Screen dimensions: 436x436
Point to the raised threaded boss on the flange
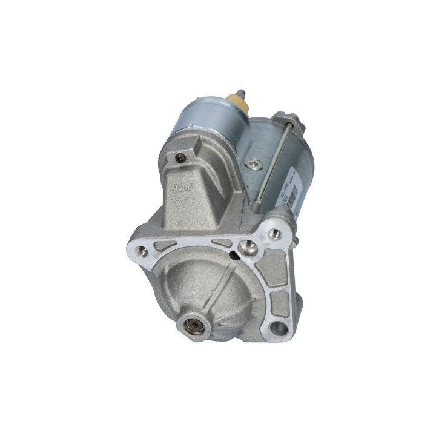(247, 245)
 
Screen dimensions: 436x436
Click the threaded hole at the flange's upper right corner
(276, 234)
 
